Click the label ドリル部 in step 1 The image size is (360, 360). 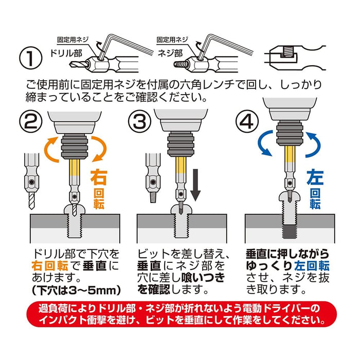tap(65, 53)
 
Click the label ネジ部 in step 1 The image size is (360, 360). tap(170, 53)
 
